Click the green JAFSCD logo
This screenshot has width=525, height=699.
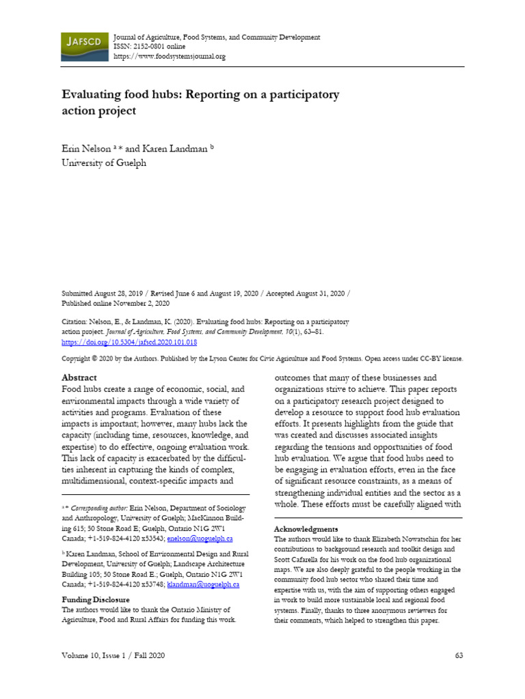[x=83, y=46]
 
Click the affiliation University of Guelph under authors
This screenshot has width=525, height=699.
[x=104, y=163]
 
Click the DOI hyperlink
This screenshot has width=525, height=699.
[x=129, y=341]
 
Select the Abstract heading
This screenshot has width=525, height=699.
[x=79, y=377]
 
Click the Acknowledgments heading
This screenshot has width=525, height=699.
[x=306, y=529]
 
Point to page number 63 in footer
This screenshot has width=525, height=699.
[x=459, y=656]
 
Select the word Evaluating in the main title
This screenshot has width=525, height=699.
[x=94, y=95]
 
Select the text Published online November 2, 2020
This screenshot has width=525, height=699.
[x=116, y=302]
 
